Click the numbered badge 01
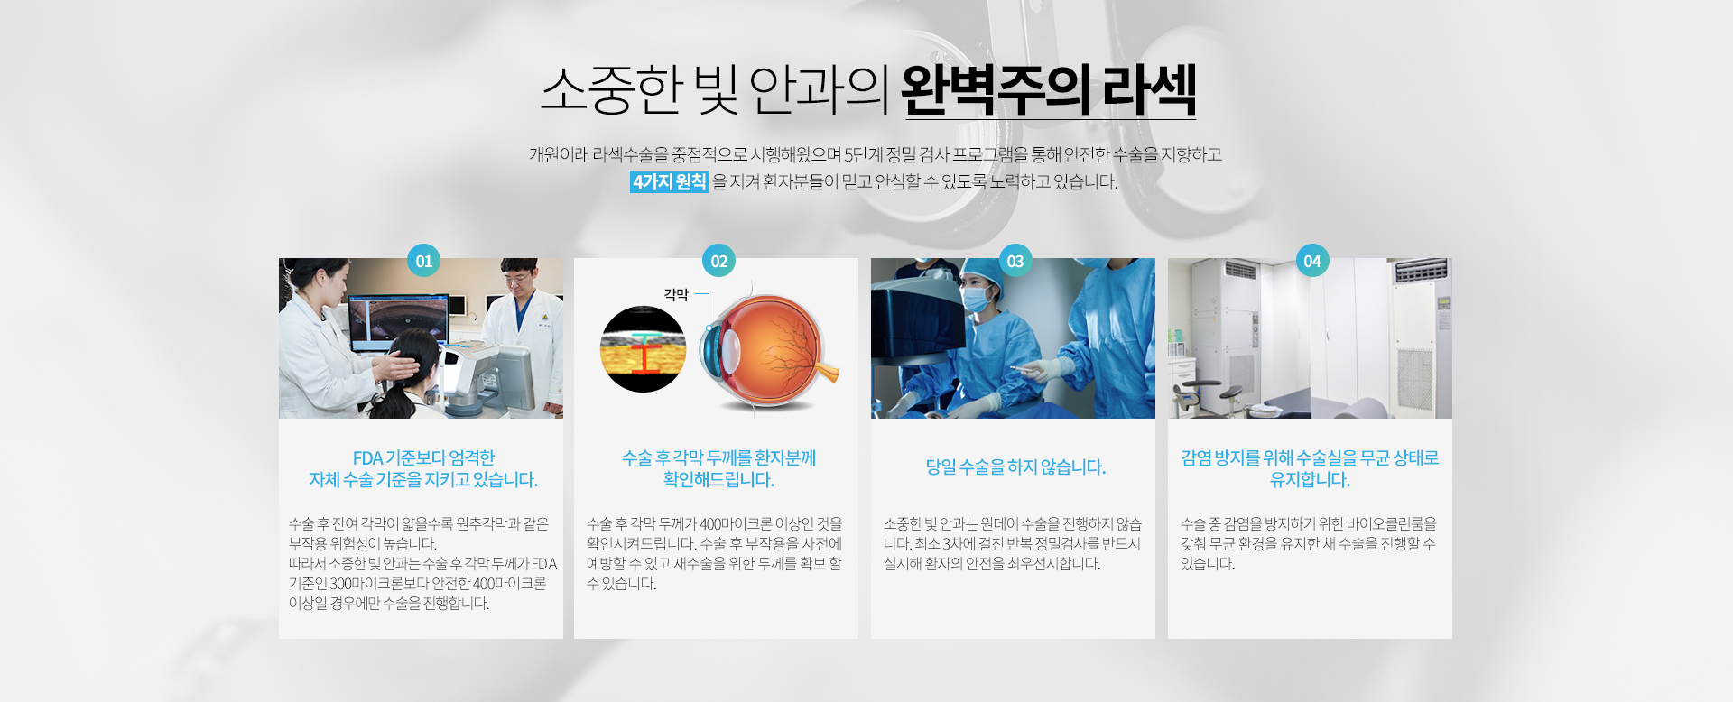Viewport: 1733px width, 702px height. pyautogui.click(x=423, y=261)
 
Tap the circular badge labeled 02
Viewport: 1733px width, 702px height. pyautogui.click(x=718, y=261)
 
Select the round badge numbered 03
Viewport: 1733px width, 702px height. pyautogui.click(x=1015, y=261)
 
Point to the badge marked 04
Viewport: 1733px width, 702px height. pyautogui.click(x=1312, y=261)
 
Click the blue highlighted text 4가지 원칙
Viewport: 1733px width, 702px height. pyautogui.click(x=670, y=181)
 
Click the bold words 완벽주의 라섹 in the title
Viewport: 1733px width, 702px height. pyautogui.click(x=1049, y=90)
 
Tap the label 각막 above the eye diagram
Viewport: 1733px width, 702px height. pyautogui.click(x=676, y=294)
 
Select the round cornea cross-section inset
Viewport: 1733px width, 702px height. pyautogui.click(x=643, y=349)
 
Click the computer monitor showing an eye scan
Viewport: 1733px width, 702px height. pyautogui.click(x=398, y=322)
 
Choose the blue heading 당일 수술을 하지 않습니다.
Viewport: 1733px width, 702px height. pyautogui.click(x=1015, y=467)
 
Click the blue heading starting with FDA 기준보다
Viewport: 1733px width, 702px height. pyautogui.click(x=423, y=468)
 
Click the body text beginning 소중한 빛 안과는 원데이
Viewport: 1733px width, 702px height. pyautogui.click(x=1013, y=543)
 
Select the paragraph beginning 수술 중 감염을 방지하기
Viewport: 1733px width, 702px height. pyautogui.click(x=1309, y=543)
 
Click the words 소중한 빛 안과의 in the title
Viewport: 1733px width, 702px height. pyautogui.click(x=716, y=90)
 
